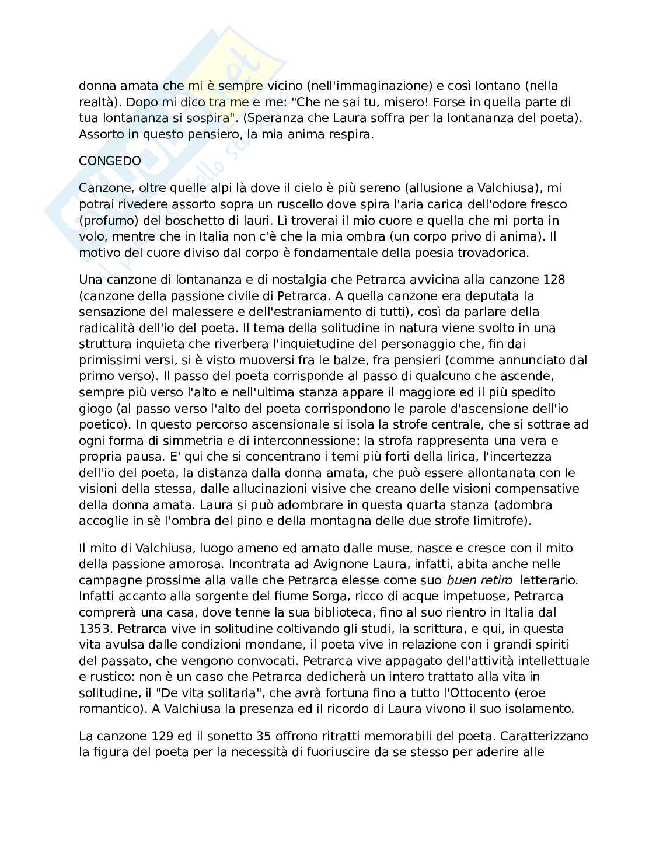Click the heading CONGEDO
tap(110, 161)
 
